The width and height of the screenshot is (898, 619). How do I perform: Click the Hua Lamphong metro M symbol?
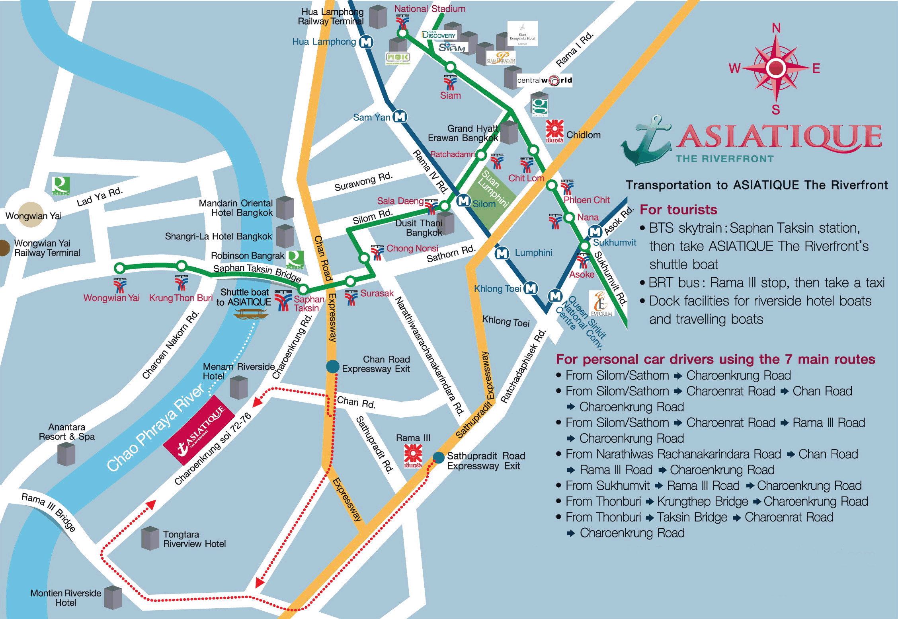pos(366,42)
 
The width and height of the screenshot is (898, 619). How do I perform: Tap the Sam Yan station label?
pos(371,117)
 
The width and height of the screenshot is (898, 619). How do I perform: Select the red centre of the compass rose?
pos(776,68)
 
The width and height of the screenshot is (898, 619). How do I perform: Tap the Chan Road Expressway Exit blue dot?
pos(332,366)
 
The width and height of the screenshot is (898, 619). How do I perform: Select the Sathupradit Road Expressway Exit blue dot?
pos(438,457)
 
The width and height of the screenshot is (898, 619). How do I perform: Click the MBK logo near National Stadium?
pos(397,58)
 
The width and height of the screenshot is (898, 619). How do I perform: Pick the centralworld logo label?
pos(544,80)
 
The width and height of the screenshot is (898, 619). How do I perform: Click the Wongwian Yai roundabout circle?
pos(31,215)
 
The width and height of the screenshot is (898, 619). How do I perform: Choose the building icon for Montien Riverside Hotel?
pos(113,598)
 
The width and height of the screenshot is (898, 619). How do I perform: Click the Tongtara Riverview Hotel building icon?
pos(150,539)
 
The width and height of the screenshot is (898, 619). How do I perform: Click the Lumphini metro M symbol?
pos(502,253)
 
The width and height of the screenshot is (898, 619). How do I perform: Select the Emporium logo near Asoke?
pos(601,304)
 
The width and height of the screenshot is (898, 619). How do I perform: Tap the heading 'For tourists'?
pos(678,210)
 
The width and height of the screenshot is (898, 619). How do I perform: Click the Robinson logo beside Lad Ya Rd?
pos(61,186)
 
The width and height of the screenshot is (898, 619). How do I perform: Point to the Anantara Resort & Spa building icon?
pos(66,454)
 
